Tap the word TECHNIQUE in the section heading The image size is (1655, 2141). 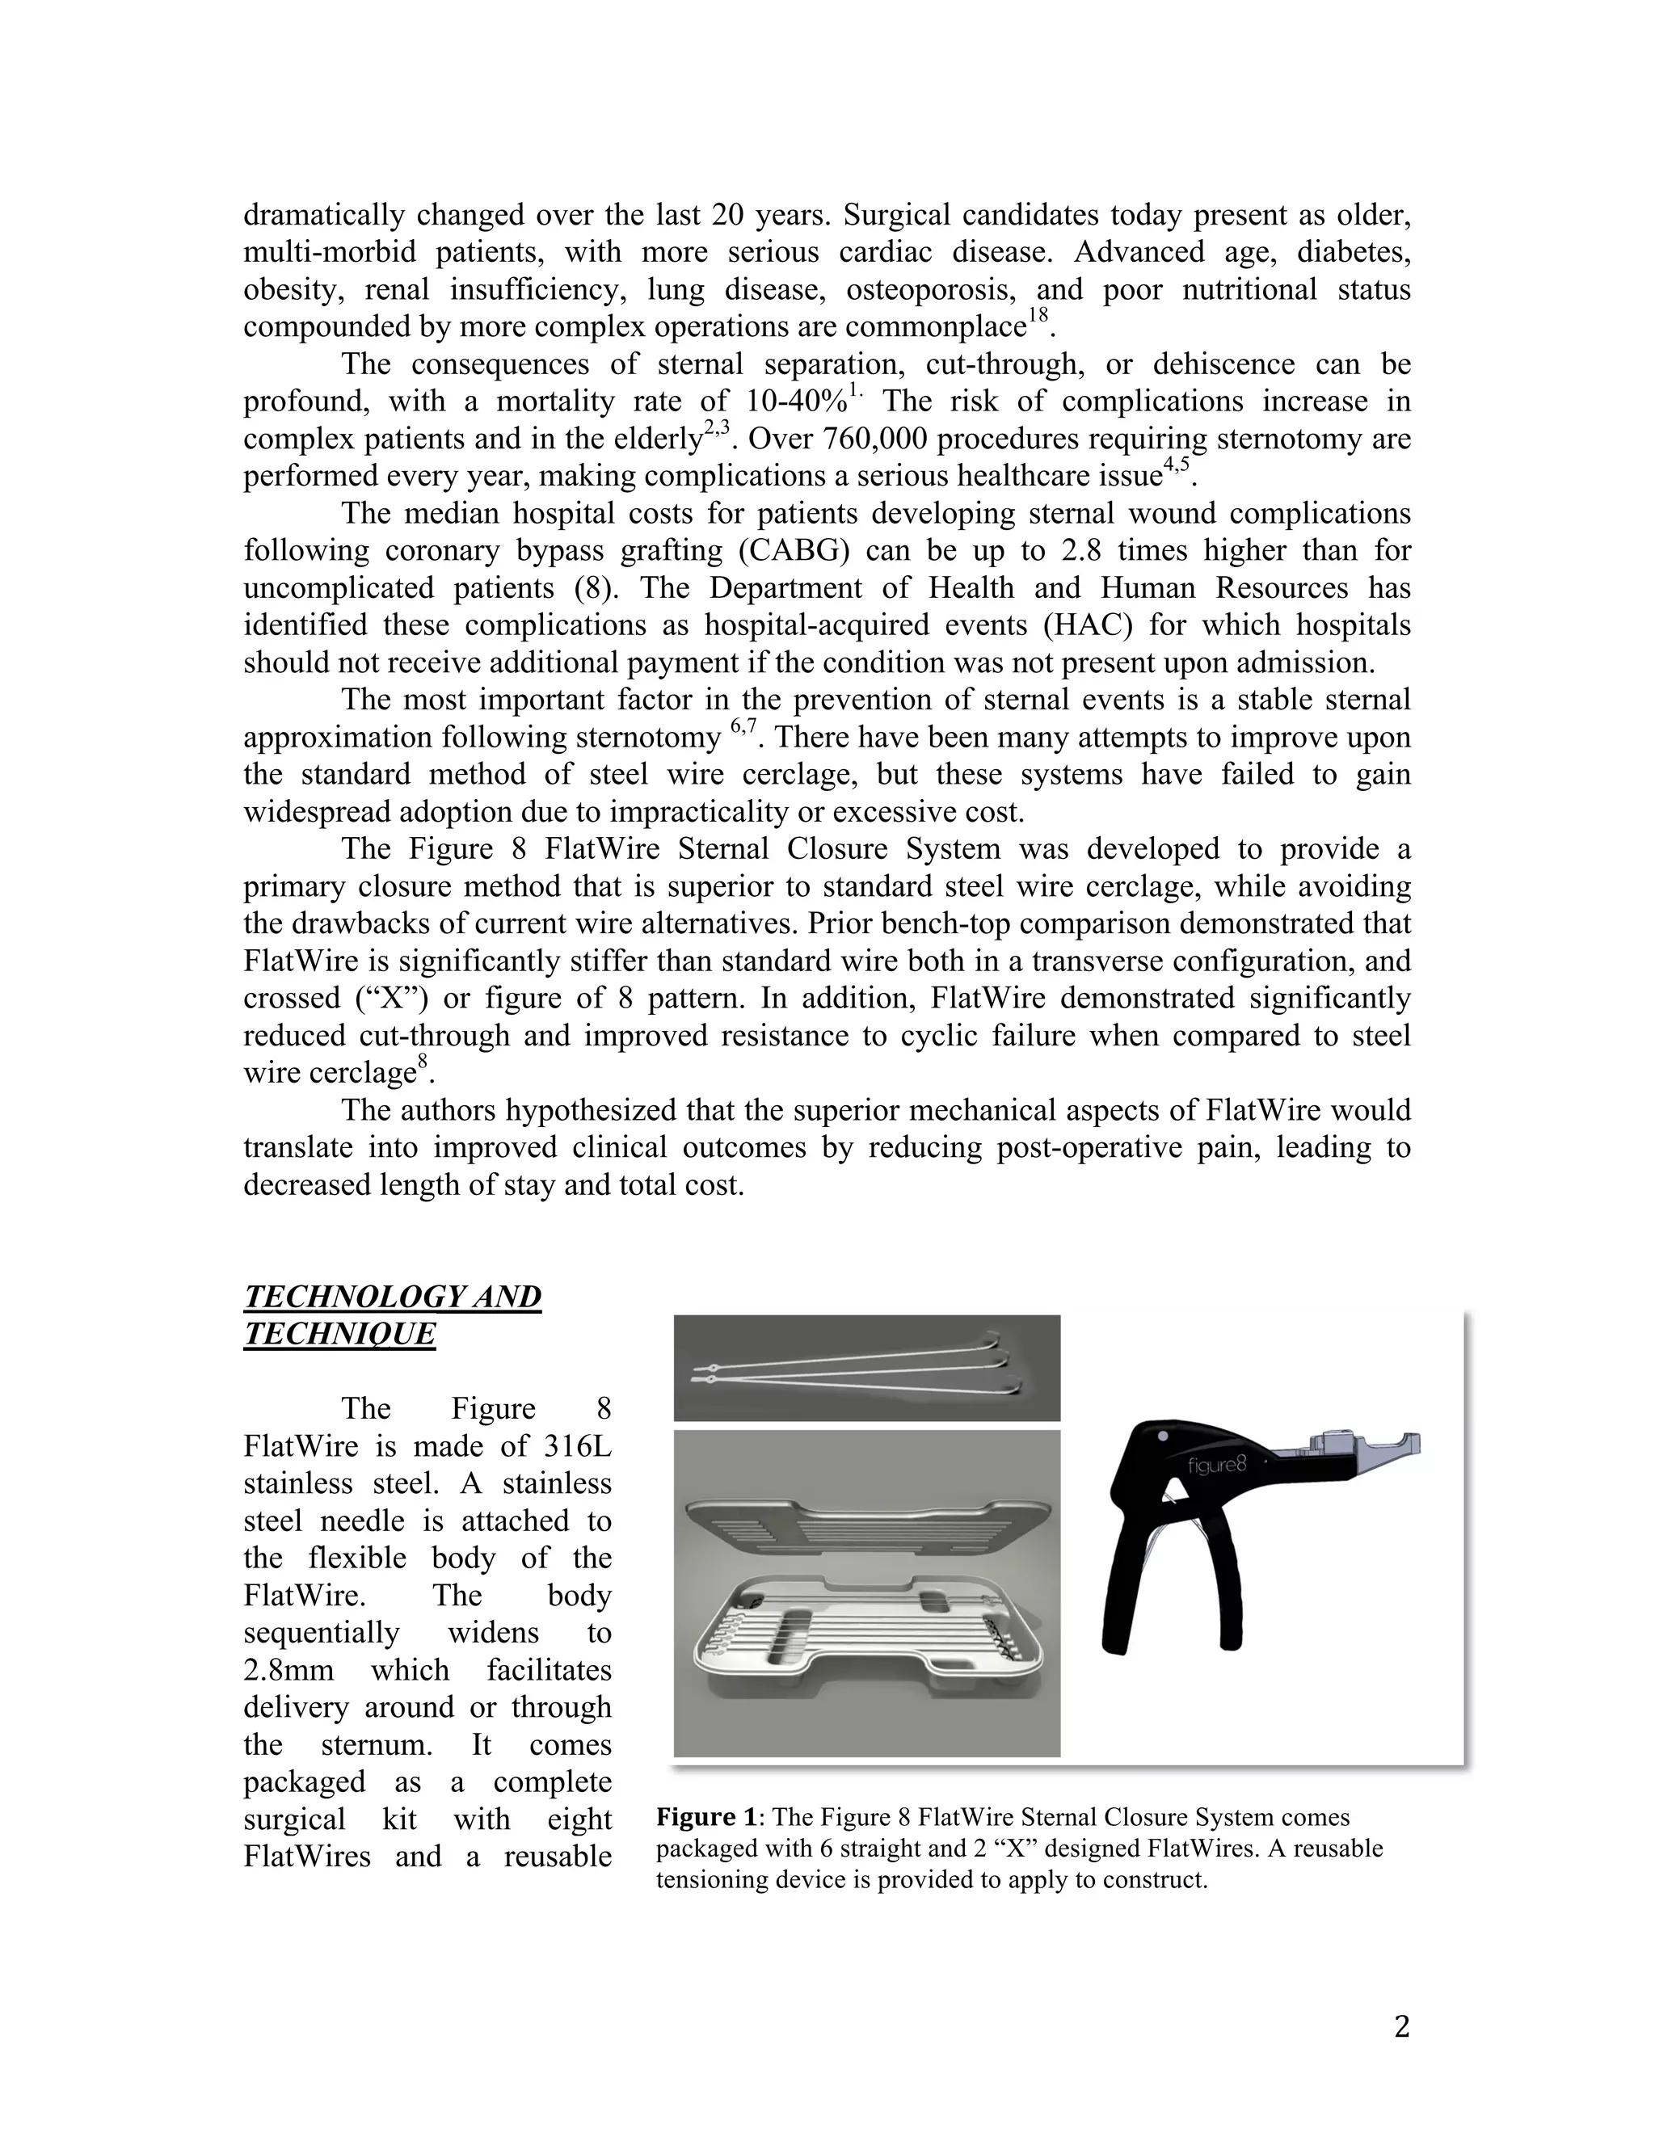point(339,1333)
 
